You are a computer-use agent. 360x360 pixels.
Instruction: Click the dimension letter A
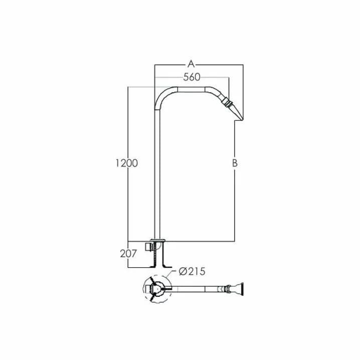pyautogui.click(x=191, y=64)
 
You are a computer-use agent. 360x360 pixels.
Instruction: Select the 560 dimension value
pyautogui.click(x=192, y=77)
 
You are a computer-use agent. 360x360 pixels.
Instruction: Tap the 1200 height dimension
pyautogui.click(x=126, y=163)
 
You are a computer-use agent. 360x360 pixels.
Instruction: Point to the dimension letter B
pyautogui.click(x=235, y=163)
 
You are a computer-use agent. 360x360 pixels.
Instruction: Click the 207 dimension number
pyautogui.click(x=128, y=254)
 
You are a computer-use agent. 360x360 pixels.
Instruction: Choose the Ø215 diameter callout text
pyautogui.click(x=192, y=271)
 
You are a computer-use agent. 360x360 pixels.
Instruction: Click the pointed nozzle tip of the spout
pyautogui.click(x=242, y=119)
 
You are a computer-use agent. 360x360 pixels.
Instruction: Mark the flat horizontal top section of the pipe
pyautogui.click(x=191, y=89)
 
